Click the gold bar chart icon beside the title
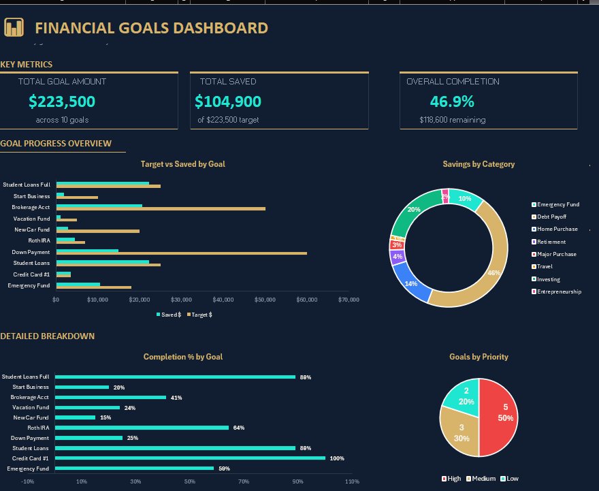[14, 27]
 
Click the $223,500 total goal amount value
[62, 101]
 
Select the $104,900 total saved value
[228, 101]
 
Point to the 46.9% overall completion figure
[452, 101]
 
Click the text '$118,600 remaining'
[453, 120]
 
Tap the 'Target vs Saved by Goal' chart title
[182, 164]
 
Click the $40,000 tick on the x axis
[223, 300]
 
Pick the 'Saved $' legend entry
[170, 315]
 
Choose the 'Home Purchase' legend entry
[556, 229]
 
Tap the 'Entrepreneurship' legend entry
[558, 291]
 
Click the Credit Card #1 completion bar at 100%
[191, 458]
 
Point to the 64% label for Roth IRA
[238, 428]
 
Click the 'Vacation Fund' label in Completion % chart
[31, 407]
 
